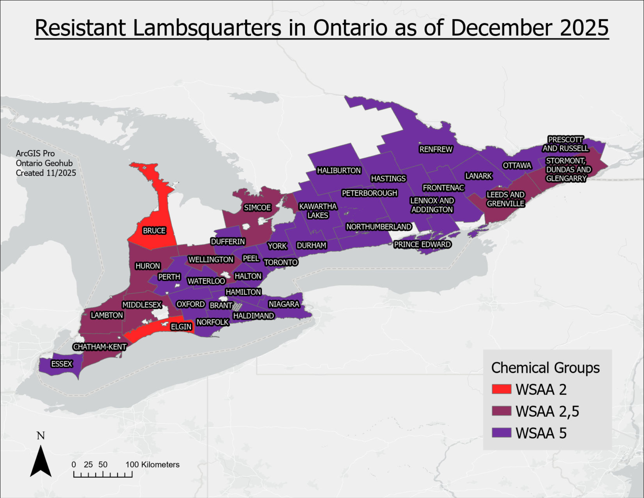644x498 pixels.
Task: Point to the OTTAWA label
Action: (517, 166)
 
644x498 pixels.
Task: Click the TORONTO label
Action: (281, 262)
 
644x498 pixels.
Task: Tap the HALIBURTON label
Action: (339, 170)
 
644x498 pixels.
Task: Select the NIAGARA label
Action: (284, 304)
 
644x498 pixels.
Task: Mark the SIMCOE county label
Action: (257, 208)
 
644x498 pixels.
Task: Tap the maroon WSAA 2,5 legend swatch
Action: (501, 411)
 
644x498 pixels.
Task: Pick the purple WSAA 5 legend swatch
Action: (501, 433)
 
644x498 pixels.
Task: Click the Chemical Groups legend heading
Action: (545, 368)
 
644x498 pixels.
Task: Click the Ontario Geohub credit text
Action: (44, 163)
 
